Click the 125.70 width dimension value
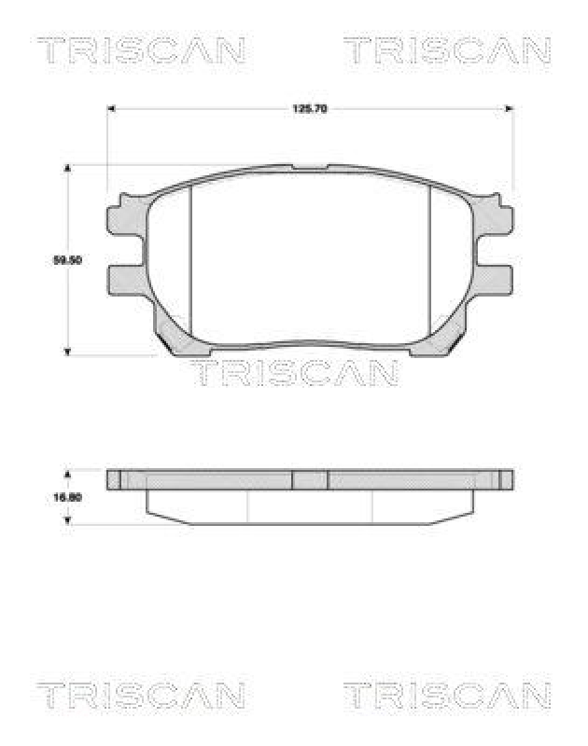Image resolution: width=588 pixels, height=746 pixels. point(310,109)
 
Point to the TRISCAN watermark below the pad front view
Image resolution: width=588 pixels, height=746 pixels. point(295,373)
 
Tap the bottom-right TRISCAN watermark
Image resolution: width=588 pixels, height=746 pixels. point(447,695)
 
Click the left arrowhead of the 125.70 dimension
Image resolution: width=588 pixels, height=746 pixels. point(110,109)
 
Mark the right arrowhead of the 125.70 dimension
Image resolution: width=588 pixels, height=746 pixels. point(510,109)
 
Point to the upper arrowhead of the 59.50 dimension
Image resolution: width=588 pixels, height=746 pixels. point(67,170)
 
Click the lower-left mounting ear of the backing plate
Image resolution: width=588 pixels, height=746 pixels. point(124,280)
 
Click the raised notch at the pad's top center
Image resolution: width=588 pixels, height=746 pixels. point(310,169)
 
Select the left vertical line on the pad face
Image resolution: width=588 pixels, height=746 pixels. point(190,261)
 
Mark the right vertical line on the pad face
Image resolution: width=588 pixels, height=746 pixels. point(429,261)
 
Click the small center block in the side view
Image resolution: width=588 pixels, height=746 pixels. point(310,479)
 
